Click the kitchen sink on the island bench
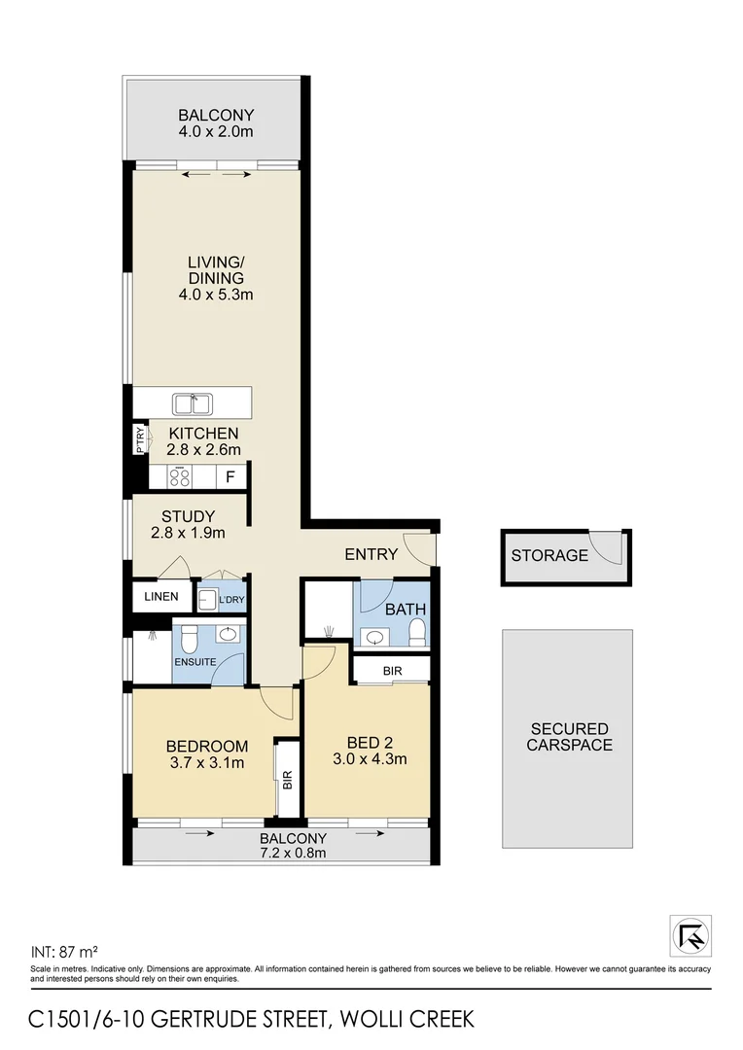point(193,402)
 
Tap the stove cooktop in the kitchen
point(179,476)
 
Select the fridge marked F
point(230,477)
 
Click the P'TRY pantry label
point(140,440)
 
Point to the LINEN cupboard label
point(161,596)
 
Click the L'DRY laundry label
point(231,599)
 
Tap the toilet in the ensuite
point(191,638)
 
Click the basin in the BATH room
point(374,638)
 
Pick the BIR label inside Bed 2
point(391,670)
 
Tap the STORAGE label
point(549,556)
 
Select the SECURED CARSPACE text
point(569,737)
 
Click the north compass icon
point(690,935)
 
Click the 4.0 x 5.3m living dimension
point(216,294)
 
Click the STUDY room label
point(189,515)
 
